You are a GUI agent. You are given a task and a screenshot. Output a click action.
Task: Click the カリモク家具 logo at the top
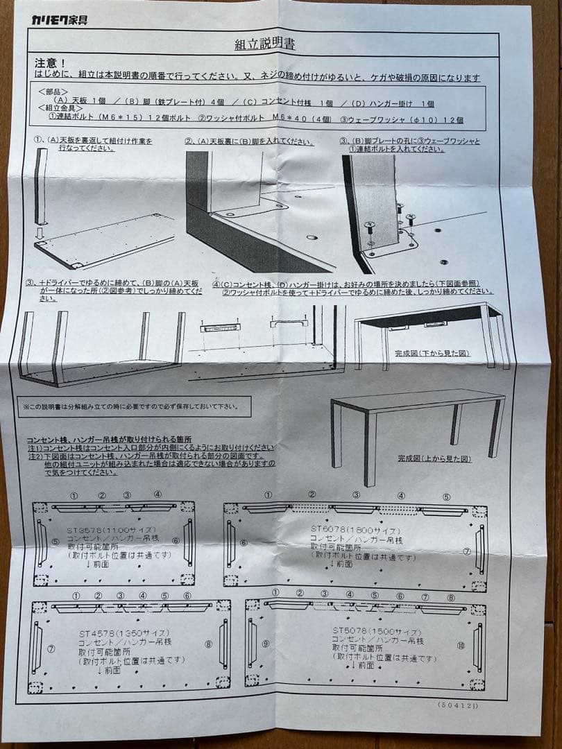click(x=59, y=19)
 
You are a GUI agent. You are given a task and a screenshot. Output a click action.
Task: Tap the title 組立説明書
click(x=265, y=44)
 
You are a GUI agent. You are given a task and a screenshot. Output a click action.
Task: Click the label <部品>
click(x=53, y=91)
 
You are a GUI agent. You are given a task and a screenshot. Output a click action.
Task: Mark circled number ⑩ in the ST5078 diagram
click(x=461, y=644)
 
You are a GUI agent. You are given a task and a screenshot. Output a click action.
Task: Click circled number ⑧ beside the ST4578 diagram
click(x=209, y=644)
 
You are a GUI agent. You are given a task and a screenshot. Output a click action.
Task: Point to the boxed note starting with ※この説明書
click(x=130, y=406)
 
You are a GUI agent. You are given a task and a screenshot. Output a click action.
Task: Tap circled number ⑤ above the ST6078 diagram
click(x=446, y=497)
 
